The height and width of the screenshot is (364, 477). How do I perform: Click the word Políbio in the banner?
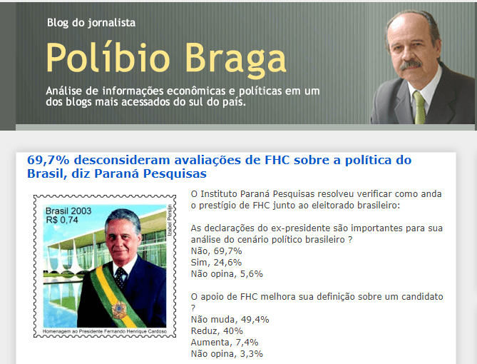coord(108,57)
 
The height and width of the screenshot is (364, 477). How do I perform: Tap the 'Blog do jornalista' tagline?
coord(91,23)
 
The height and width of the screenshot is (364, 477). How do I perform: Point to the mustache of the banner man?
coord(411,64)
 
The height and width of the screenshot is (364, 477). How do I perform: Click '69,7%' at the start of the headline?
coord(48,161)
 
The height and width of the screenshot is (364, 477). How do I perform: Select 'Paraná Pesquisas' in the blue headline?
coord(150,173)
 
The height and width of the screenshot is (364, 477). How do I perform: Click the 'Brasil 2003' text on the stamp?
coord(68,211)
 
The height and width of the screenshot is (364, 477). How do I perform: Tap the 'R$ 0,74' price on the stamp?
coord(62,220)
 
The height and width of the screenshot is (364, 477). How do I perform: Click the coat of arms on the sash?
coord(119,310)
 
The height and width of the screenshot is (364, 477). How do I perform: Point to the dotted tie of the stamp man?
coord(120,278)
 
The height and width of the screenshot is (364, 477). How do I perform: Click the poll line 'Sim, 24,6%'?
coord(216,263)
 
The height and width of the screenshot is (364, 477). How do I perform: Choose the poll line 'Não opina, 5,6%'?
coord(227,274)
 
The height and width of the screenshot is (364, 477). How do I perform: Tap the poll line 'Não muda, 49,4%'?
coord(230,320)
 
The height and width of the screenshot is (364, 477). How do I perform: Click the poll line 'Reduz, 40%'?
coord(217,330)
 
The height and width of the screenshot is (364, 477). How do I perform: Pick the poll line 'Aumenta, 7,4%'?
coord(225,343)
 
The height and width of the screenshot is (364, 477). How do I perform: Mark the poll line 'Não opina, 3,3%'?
coord(227,353)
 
